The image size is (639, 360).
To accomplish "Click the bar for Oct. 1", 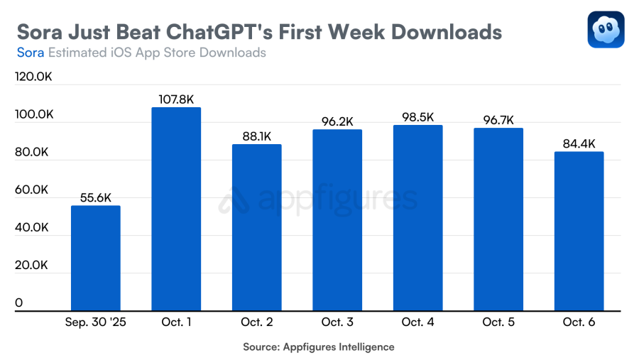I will (x=176, y=209).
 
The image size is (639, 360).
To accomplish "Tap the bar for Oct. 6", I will (x=579, y=231).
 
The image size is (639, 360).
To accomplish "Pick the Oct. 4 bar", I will (x=417, y=217).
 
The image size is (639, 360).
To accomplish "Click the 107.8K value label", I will (x=177, y=99).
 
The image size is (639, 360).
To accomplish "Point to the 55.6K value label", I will (x=96, y=198).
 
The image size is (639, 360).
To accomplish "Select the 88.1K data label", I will (x=257, y=136).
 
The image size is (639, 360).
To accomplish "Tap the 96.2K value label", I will (x=337, y=121).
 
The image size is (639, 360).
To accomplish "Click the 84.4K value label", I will (x=579, y=143).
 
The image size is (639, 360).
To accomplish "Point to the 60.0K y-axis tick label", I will (x=32, y=190).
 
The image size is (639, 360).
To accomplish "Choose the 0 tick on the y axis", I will (x=19, y=303).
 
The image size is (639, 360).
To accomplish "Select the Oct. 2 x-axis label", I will (x=257, y=322).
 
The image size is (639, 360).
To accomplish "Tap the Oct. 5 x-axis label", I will (x=498, y=322).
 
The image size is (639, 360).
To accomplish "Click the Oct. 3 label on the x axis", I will (x=337, y=322).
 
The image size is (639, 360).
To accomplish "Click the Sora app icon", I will (x=606, y=30).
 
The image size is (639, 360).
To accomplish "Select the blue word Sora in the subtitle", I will (x=30, y=53).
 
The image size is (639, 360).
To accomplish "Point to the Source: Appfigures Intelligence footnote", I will (x=319, y=347).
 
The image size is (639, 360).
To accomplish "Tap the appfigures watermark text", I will (x=338, y=200).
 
